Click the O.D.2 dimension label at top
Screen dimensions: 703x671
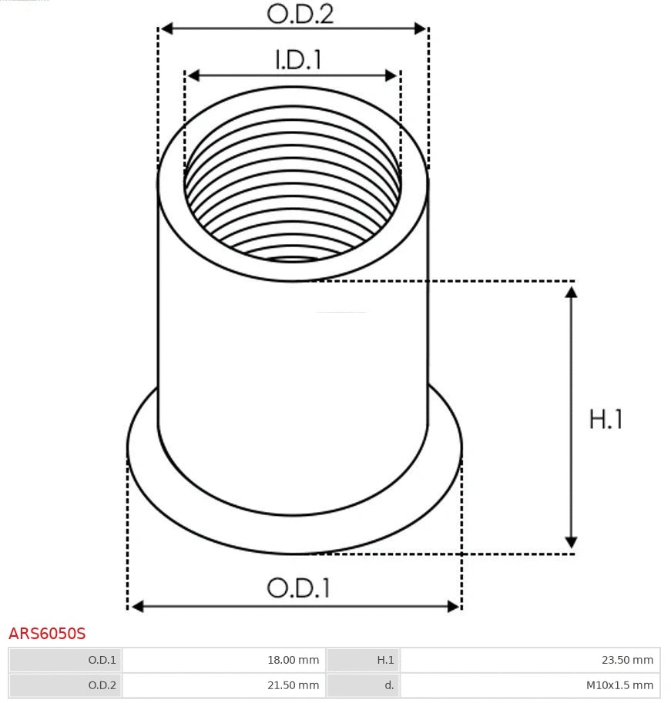300,14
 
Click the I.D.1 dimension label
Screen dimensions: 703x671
298,60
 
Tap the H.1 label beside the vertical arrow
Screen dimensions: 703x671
606,419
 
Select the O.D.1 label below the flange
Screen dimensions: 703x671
298,588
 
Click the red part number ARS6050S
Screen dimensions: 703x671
47,634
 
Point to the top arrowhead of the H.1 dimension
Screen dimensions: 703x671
571,292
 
